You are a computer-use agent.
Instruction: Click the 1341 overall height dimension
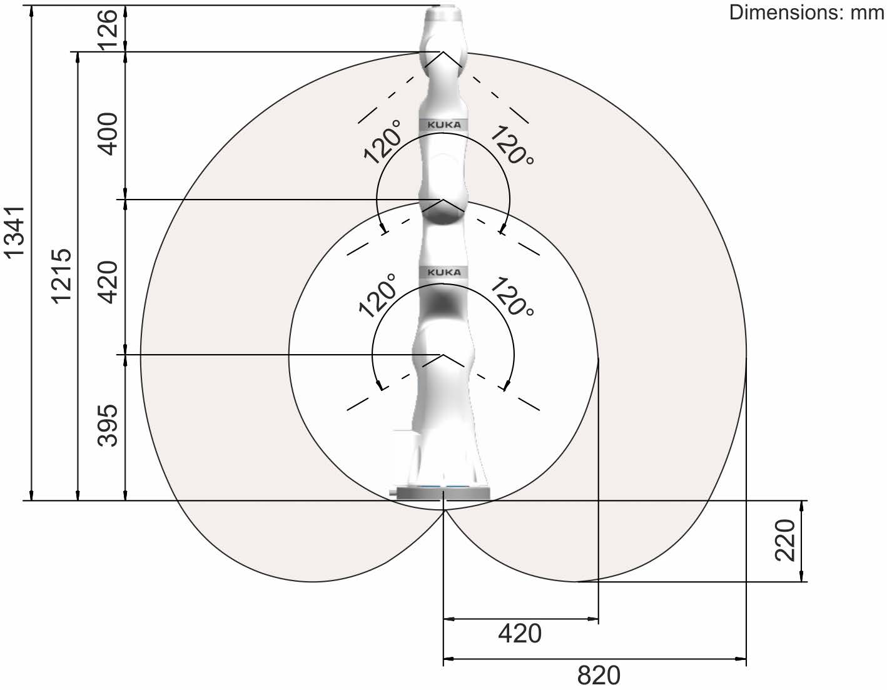point(14,233)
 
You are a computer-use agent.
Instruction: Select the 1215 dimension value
point(62,277)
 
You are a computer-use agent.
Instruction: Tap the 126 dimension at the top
point(108,30)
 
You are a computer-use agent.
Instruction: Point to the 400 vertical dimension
point(108,134)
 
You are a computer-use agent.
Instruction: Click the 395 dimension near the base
point(108,425)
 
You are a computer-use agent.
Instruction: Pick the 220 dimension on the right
point(785,540)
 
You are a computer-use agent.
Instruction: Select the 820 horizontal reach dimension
point(599,676)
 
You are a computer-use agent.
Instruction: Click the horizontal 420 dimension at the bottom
point(520,633)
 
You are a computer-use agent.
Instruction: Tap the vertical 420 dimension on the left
point(108,282)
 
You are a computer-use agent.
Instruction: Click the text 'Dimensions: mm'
point(806,13)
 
